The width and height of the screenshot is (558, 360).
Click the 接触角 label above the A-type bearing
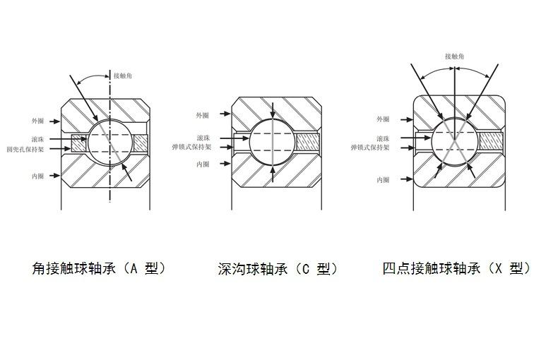point(123,74)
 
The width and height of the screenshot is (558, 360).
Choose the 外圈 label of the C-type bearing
point(203,114)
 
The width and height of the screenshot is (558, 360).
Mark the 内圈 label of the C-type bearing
point(203,164)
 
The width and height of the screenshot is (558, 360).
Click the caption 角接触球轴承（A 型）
point(99,268)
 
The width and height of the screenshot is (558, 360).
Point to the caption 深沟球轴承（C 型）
point(278,269)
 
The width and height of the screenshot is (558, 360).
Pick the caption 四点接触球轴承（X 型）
point(456,268)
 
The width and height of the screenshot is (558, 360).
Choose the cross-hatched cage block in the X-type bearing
point(490,143)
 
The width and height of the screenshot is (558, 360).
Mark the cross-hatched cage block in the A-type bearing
point(76,144)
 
